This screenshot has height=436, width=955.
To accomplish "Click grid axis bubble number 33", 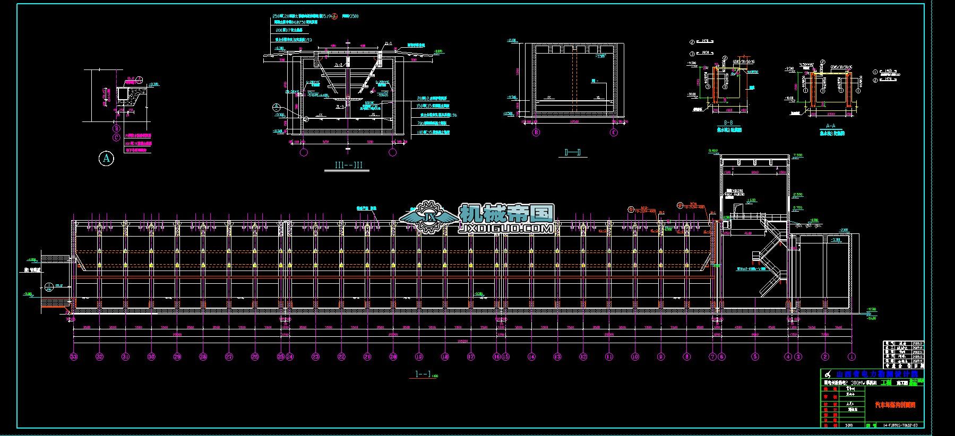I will (74, 357).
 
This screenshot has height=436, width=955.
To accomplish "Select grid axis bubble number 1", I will (852, 357).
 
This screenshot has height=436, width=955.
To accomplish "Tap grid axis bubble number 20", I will (393, 357).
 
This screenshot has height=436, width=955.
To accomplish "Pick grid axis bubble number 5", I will (755, 357).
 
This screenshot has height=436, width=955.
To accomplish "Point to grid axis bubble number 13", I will (557, 357).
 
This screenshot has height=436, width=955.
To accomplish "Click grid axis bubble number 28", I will (203, 357).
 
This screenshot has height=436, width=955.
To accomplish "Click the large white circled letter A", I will (107, 158).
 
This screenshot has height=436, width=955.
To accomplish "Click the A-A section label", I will (831, 126).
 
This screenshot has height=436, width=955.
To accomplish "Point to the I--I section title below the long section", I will (423, 374).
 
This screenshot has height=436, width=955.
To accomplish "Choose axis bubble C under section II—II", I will (614, 133).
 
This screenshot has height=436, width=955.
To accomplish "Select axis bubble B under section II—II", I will (536, 133).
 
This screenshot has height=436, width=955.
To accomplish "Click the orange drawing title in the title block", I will (895, 405).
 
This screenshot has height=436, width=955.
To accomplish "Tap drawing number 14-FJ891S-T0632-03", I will (902, 425).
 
